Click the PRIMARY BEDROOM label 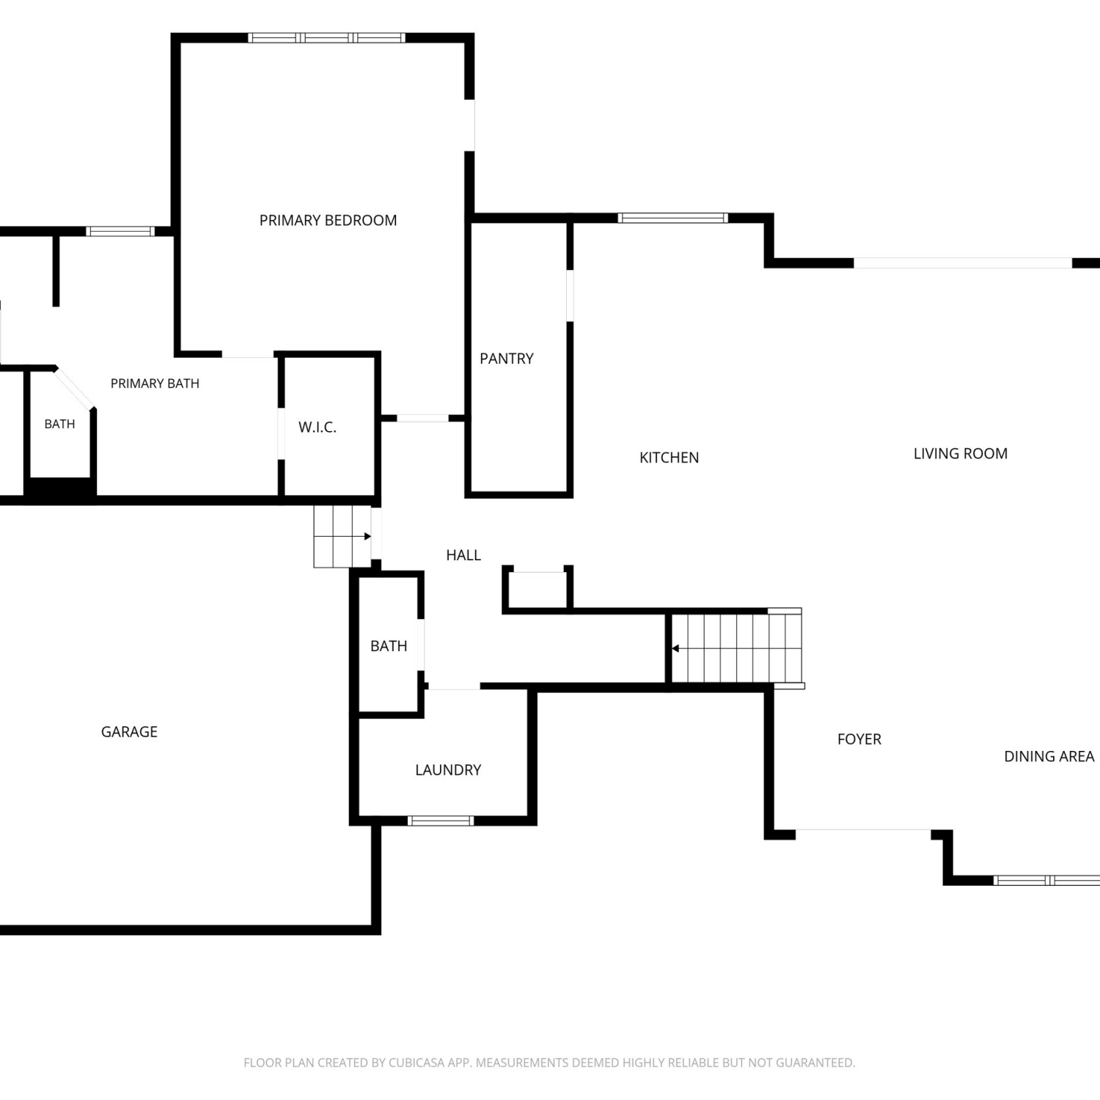tap(328, 220)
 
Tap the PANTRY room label tap(507, 359)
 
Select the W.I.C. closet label tap(318, 427)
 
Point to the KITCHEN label tap(669, 458)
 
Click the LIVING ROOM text tap(961, 454)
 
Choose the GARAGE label tap(129, 732)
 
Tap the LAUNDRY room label tap(448, 770)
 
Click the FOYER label tap(859, 739)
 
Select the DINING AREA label tap(1049, 756)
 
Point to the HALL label tap(463, 555)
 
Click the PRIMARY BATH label tap(155, 384)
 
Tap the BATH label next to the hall tap(389, 646)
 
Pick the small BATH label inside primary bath tap(59, 424)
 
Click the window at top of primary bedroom tap(326, 38)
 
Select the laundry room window tap(440, 821)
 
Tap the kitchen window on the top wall tap(673, 218)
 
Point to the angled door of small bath tap(74, 387)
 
